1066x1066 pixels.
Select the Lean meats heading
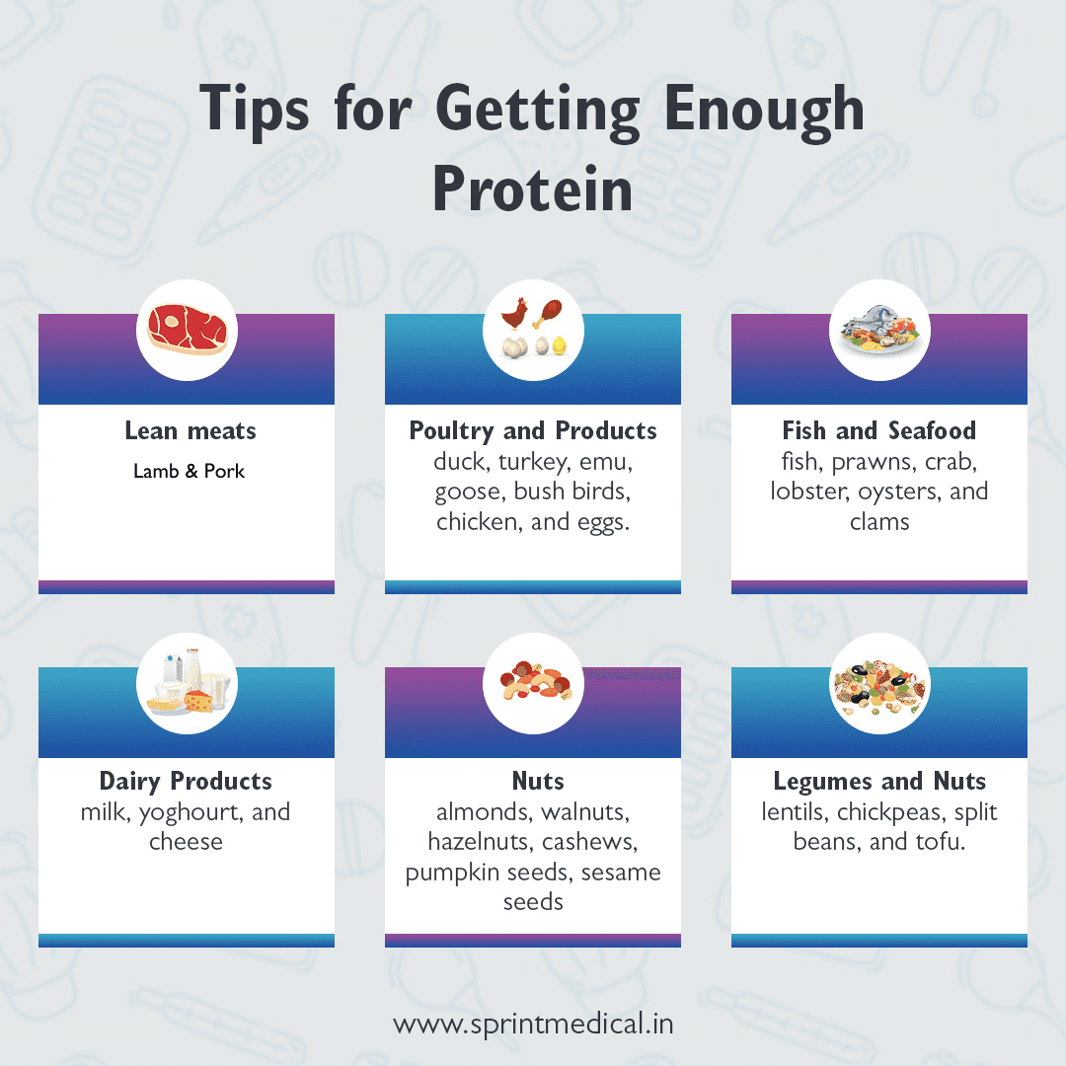pos(190,430)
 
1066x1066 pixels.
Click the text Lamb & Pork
pos(189,471)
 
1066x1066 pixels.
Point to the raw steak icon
pos(187,329)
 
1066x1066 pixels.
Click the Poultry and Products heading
pos(533,430)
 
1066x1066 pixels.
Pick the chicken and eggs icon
pos(533,329)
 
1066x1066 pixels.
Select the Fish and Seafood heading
pos(878,430)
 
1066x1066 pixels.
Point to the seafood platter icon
pos(878,331)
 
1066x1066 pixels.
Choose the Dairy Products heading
pos(186,781)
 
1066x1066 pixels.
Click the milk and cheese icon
pos(187,681)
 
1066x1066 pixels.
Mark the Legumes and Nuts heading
pos(878,781)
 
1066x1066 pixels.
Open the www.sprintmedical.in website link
pos(533,1024)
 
